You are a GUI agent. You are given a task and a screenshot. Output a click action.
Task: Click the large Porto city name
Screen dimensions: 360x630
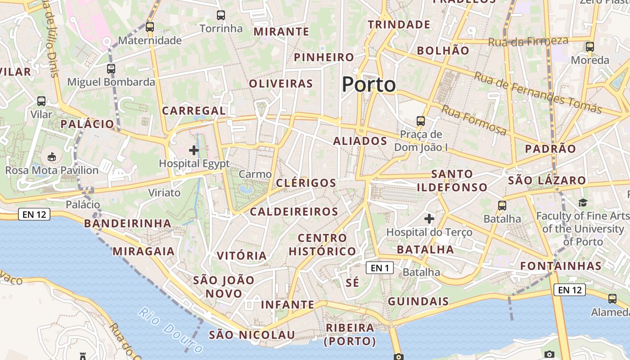[x=369, y=85]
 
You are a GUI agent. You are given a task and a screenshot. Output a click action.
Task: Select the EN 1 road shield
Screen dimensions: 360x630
[x=380, y=268]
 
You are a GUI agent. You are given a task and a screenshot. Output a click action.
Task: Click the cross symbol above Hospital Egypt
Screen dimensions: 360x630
[x=194, y=150]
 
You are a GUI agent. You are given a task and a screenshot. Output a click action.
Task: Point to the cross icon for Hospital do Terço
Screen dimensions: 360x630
[x=429, y=219]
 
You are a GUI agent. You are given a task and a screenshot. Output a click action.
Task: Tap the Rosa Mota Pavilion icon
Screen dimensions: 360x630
[x=52, y=157]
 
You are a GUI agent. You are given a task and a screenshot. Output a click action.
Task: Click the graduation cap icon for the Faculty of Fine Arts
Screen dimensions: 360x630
[x=583, y=202]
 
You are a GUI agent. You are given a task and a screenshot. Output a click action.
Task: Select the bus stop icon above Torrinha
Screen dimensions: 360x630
[x=220, y=15]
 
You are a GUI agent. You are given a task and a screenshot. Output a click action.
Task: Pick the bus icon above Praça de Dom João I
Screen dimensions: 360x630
[x=421, y=121]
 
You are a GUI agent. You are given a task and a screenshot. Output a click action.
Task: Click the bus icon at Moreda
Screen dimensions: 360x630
[x=590, y=46]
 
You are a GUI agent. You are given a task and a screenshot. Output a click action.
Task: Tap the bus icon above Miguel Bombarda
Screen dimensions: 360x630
[x=111, y=69]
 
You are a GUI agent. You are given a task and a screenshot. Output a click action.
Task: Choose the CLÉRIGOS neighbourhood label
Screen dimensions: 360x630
[x=306, y=183]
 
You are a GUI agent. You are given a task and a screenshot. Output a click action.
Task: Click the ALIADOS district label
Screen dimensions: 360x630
[x=360, y=141]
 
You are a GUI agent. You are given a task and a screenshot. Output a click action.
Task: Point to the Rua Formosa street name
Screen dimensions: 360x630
[x=474, y=120]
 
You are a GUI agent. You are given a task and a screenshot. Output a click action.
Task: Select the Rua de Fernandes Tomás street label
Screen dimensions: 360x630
[x=538, y=92]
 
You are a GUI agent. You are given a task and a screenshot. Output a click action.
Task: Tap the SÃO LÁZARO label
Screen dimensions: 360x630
[x=547, y=181]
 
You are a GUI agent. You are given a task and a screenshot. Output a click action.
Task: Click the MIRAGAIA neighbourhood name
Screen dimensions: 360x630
[x=144, y=251]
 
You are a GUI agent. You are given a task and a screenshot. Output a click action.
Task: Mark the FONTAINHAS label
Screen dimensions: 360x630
[x=561, y=265]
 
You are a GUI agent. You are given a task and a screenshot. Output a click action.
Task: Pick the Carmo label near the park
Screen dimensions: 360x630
[x=255, y=174]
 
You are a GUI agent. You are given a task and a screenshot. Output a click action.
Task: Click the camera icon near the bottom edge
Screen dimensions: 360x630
[x=549, y=355]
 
